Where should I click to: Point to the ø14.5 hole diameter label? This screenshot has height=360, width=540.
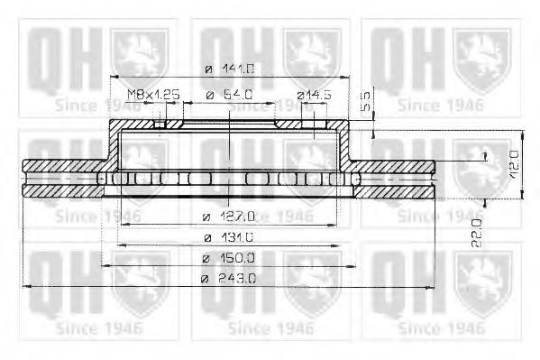click(315, 94)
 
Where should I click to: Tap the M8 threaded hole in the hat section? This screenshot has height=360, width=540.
click(160, 124)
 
